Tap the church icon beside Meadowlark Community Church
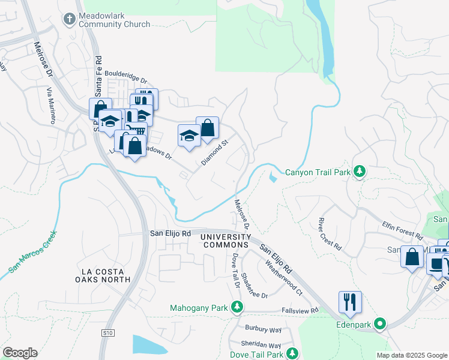[70, 19]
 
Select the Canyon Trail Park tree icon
[360, 172]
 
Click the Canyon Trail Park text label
[318, 172]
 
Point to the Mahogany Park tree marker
[237, 308]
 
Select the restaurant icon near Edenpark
[350, 302]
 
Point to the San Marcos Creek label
[33, 253]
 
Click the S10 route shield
[107, 332]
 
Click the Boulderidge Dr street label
[125, 78]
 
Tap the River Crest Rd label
[330, 234]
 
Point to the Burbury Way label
[263, 329]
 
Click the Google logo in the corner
[20, 353]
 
